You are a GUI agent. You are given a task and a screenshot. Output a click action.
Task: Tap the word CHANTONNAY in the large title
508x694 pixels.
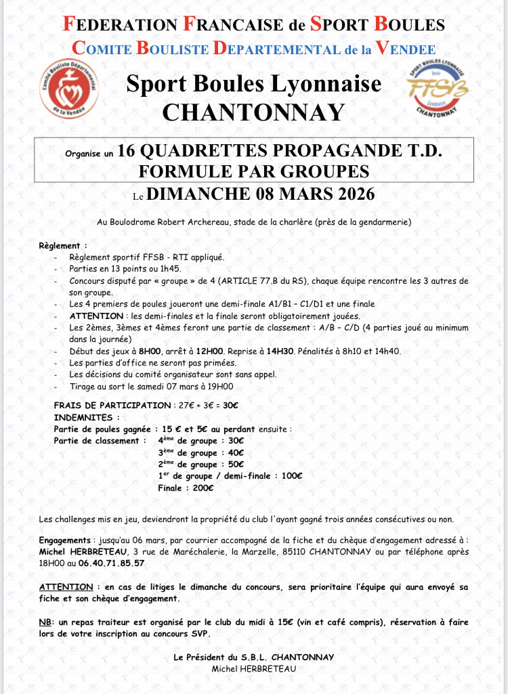point(253,112)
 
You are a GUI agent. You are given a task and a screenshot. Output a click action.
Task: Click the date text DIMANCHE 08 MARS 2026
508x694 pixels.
point(261,194)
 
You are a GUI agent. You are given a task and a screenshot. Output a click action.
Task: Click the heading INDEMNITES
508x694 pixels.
point(87,416)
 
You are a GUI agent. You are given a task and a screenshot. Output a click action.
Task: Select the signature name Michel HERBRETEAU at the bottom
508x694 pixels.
point(253,668)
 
